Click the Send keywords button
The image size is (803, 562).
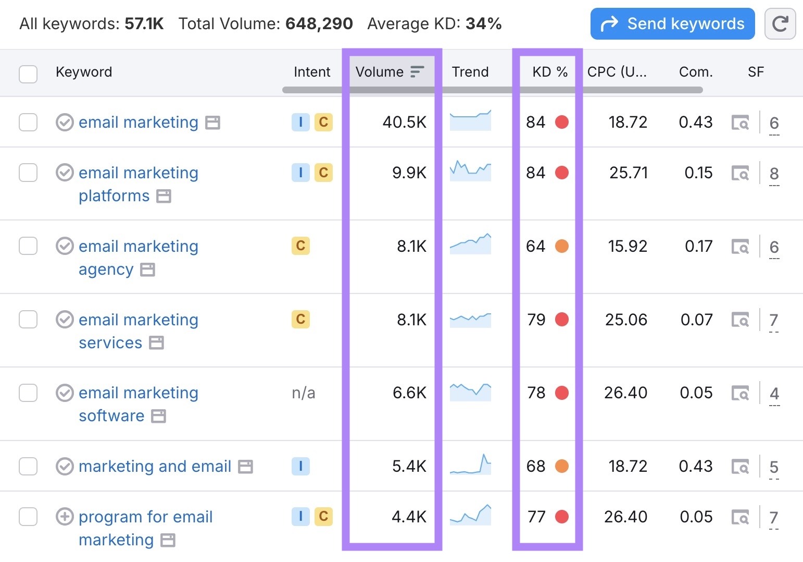[x=672, y=24]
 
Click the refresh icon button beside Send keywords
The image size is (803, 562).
[x=780, y=24]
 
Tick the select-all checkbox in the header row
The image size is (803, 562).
[x=28, y=74]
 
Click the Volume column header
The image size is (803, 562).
[x=380, y=72]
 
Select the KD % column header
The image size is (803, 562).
[x=549, y=72]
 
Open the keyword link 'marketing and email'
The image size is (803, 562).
[x=155, y=466]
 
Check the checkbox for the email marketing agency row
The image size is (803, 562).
[x=28, y=246]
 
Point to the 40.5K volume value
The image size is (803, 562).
[x=404, y=122]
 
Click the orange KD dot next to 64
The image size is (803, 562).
[x=561, y=246]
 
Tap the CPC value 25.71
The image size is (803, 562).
[x=628, y=173]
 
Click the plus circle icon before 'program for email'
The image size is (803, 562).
[x=65, y=517]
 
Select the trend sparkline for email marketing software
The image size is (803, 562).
[x=470, y=392]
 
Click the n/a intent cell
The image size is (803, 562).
[x=303, y=393]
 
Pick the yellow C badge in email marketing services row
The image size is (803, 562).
[x=300, y=319]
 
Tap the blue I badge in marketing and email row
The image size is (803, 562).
[x=300, y=466]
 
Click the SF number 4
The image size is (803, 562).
[x=774, y=393]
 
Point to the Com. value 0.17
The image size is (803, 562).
[x=698, y=246]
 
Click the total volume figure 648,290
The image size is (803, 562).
[x=319, y=24]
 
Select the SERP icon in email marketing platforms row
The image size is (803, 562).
[x=740, y=173]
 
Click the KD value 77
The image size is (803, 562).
[x=536, y=517]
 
